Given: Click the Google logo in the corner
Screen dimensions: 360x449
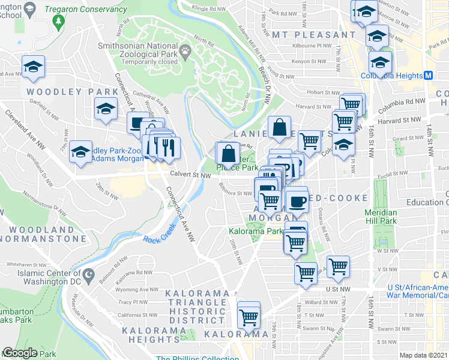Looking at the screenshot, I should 19,353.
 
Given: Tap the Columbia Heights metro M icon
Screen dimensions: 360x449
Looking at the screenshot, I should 429,76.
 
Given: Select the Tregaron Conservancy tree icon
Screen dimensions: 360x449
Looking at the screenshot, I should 58,22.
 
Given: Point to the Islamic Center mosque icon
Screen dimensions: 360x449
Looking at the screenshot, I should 89,276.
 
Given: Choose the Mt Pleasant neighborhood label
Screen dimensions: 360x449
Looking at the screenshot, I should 306,34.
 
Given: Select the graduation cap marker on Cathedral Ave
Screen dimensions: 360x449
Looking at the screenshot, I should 106,109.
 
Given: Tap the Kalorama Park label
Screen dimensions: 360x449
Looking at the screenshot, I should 255,231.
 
